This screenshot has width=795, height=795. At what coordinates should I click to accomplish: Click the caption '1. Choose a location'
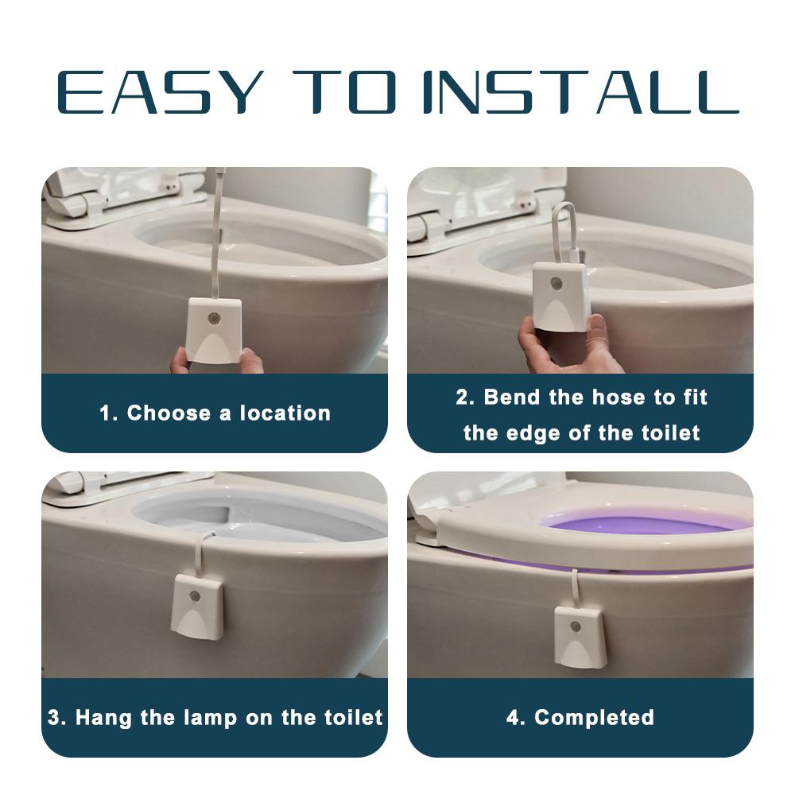pyautogui.click(x=215, y=413)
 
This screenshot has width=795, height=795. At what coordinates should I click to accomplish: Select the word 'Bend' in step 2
pyautogui.click(x=513, y=397)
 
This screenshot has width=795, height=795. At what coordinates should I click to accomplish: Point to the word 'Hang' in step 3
pyautogui.click(x=103, y=718)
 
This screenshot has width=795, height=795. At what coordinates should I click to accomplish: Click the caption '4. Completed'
pyautogui.click(x=580, y=718)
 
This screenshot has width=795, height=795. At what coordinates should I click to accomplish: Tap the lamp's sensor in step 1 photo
pyautogui.click(x=213, y=319)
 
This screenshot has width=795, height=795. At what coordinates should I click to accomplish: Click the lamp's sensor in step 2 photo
pyautogui.click(x=557, y=283)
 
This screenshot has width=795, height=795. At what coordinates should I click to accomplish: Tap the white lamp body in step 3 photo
pyautogui.click(x=197, y=608)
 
